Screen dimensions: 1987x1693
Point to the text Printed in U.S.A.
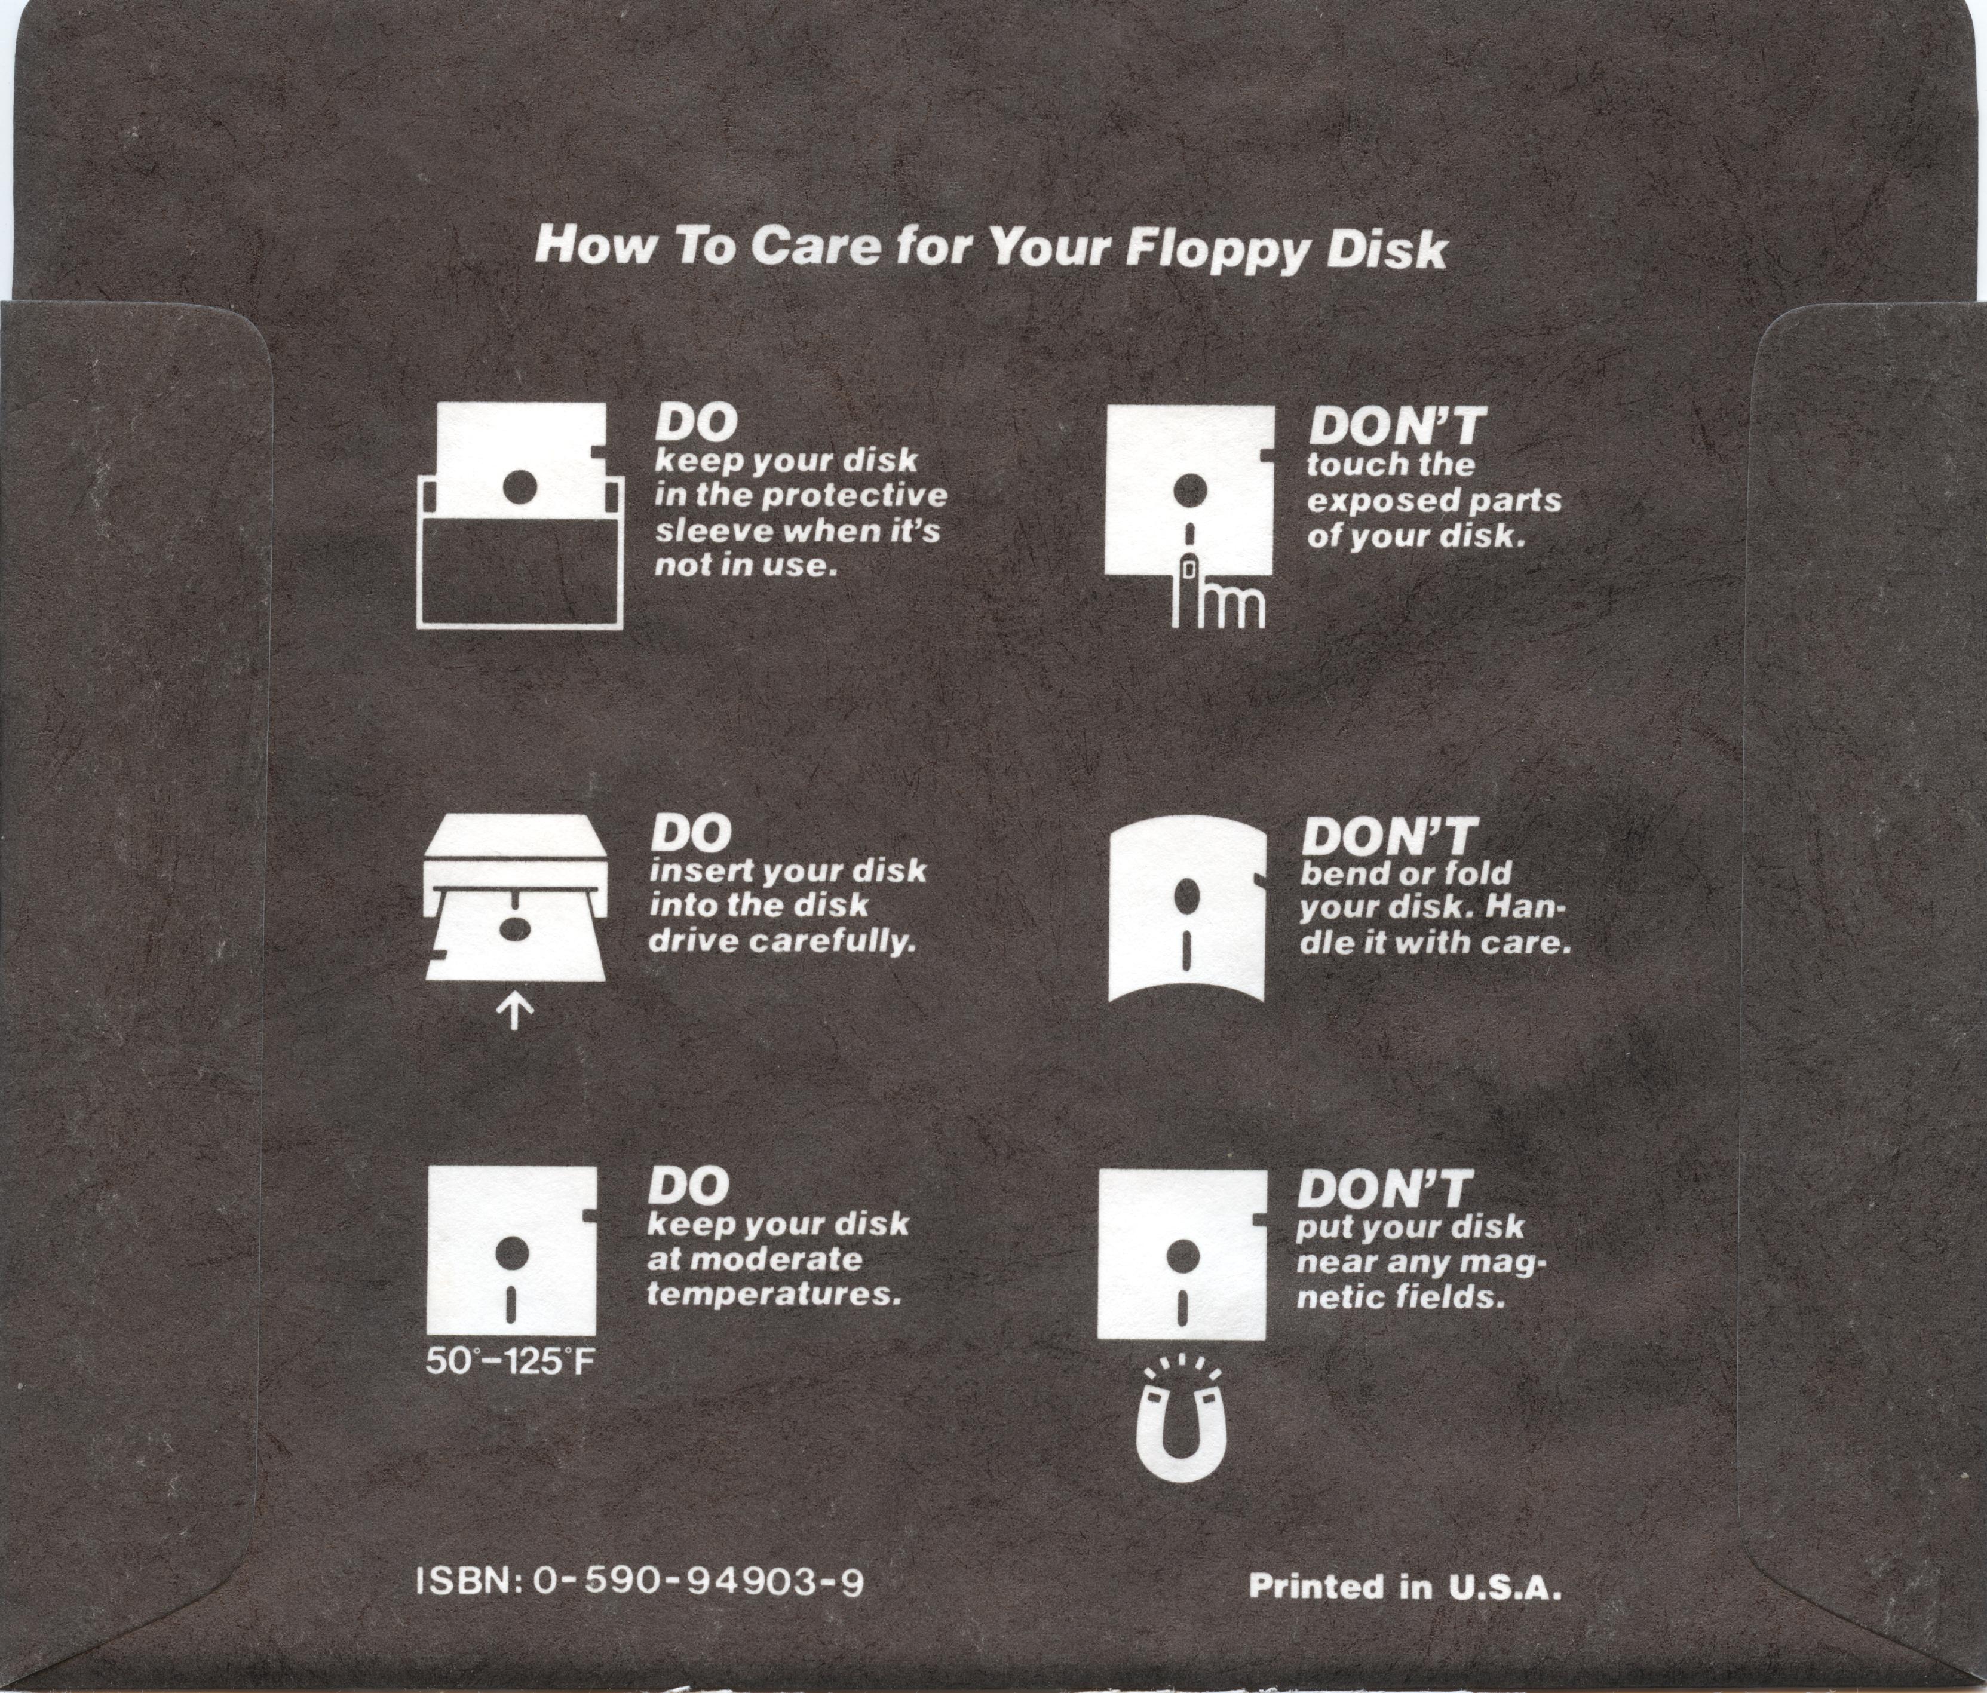pos(1406,1587)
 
